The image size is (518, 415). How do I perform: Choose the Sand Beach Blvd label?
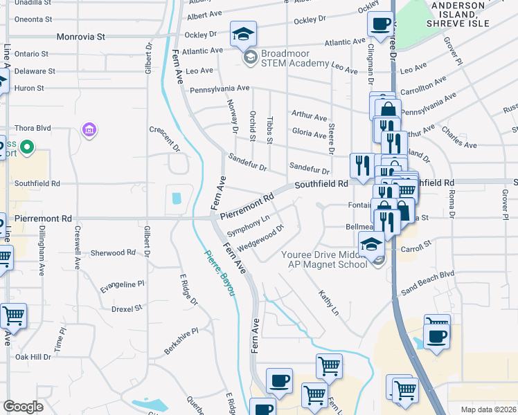click(x=427, y=274)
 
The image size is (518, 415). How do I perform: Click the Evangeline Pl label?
click(x=123, y=284)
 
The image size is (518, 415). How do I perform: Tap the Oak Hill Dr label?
click(x=33, y=357)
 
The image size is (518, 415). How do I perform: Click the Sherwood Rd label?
click(x=112, y=253)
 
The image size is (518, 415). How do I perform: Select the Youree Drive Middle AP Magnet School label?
click(x=324, y=259)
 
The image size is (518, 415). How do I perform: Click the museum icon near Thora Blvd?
click(x=89, y=129)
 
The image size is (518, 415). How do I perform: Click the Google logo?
click(x=23, y=407)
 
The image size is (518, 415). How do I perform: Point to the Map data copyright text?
click(x=488, y=409)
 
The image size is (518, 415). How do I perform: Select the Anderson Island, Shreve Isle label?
click(x=469, y=15)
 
